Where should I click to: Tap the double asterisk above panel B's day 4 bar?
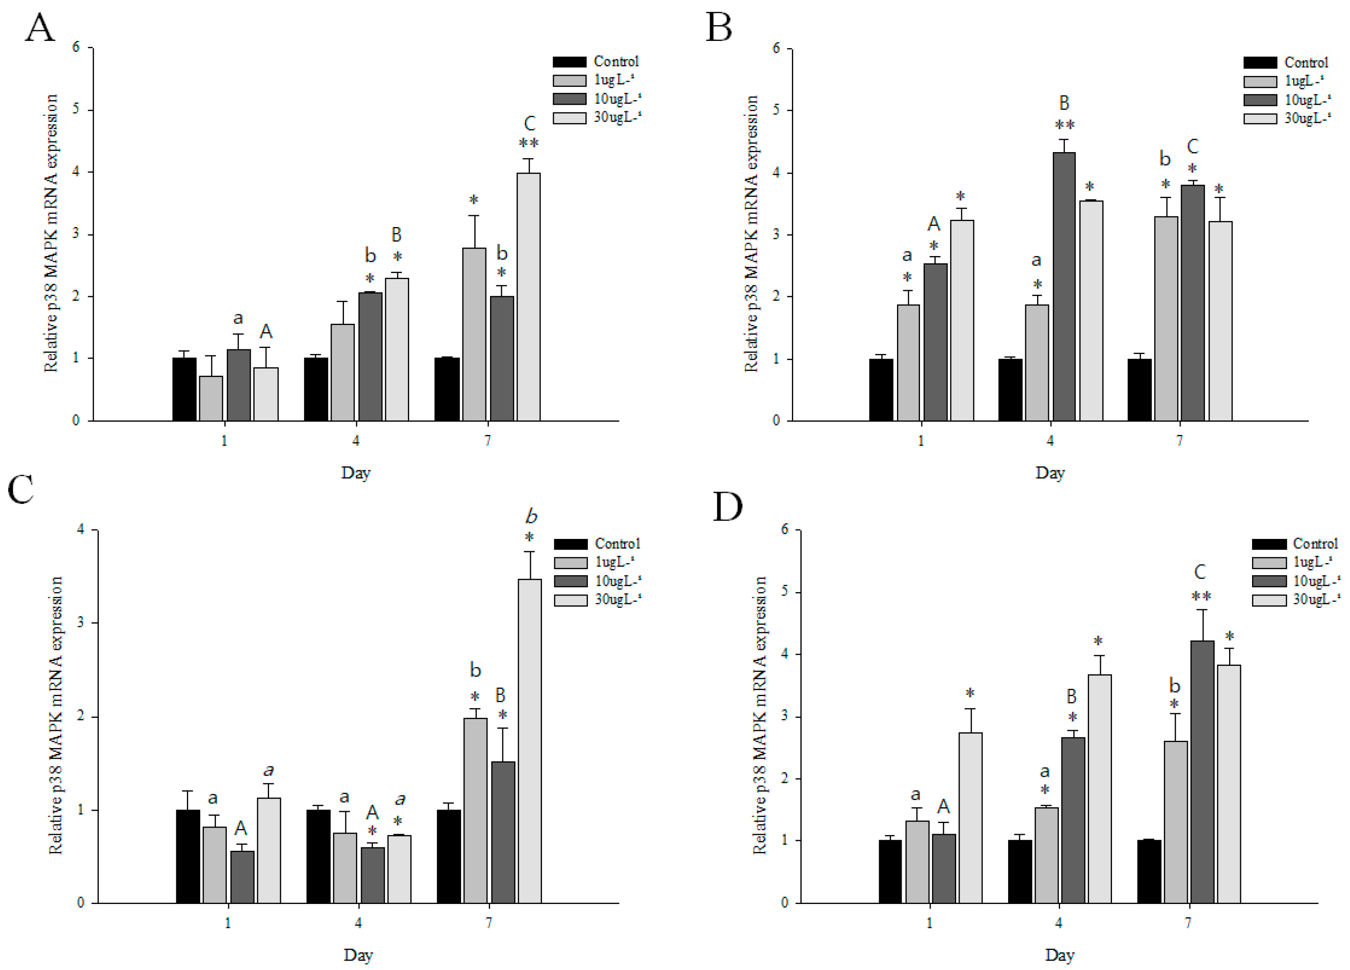pyautogui.click(x=1064, y=125)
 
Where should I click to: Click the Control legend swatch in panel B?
pyautogui.click(x=1259, y=63)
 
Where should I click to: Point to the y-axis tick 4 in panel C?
pyautogui.click(x=80, y=530)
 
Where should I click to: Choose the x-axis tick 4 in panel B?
pyautogui.click(x=1050, y=440)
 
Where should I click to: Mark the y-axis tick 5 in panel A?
pyautogui.click(x=76, y=110)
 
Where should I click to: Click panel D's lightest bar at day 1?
pyautogui.click(x=970, y=817)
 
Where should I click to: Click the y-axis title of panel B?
pyautogui.click(x=751, y=233)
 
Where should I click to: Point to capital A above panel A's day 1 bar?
pyautogui.click(x=266, y=331)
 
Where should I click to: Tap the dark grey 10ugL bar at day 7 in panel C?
pyautogui.click(x=502, y=832)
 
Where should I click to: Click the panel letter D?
pyautogui.click(x=728, y=507)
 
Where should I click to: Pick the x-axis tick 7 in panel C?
pyautogui.click(x=489, y=922)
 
